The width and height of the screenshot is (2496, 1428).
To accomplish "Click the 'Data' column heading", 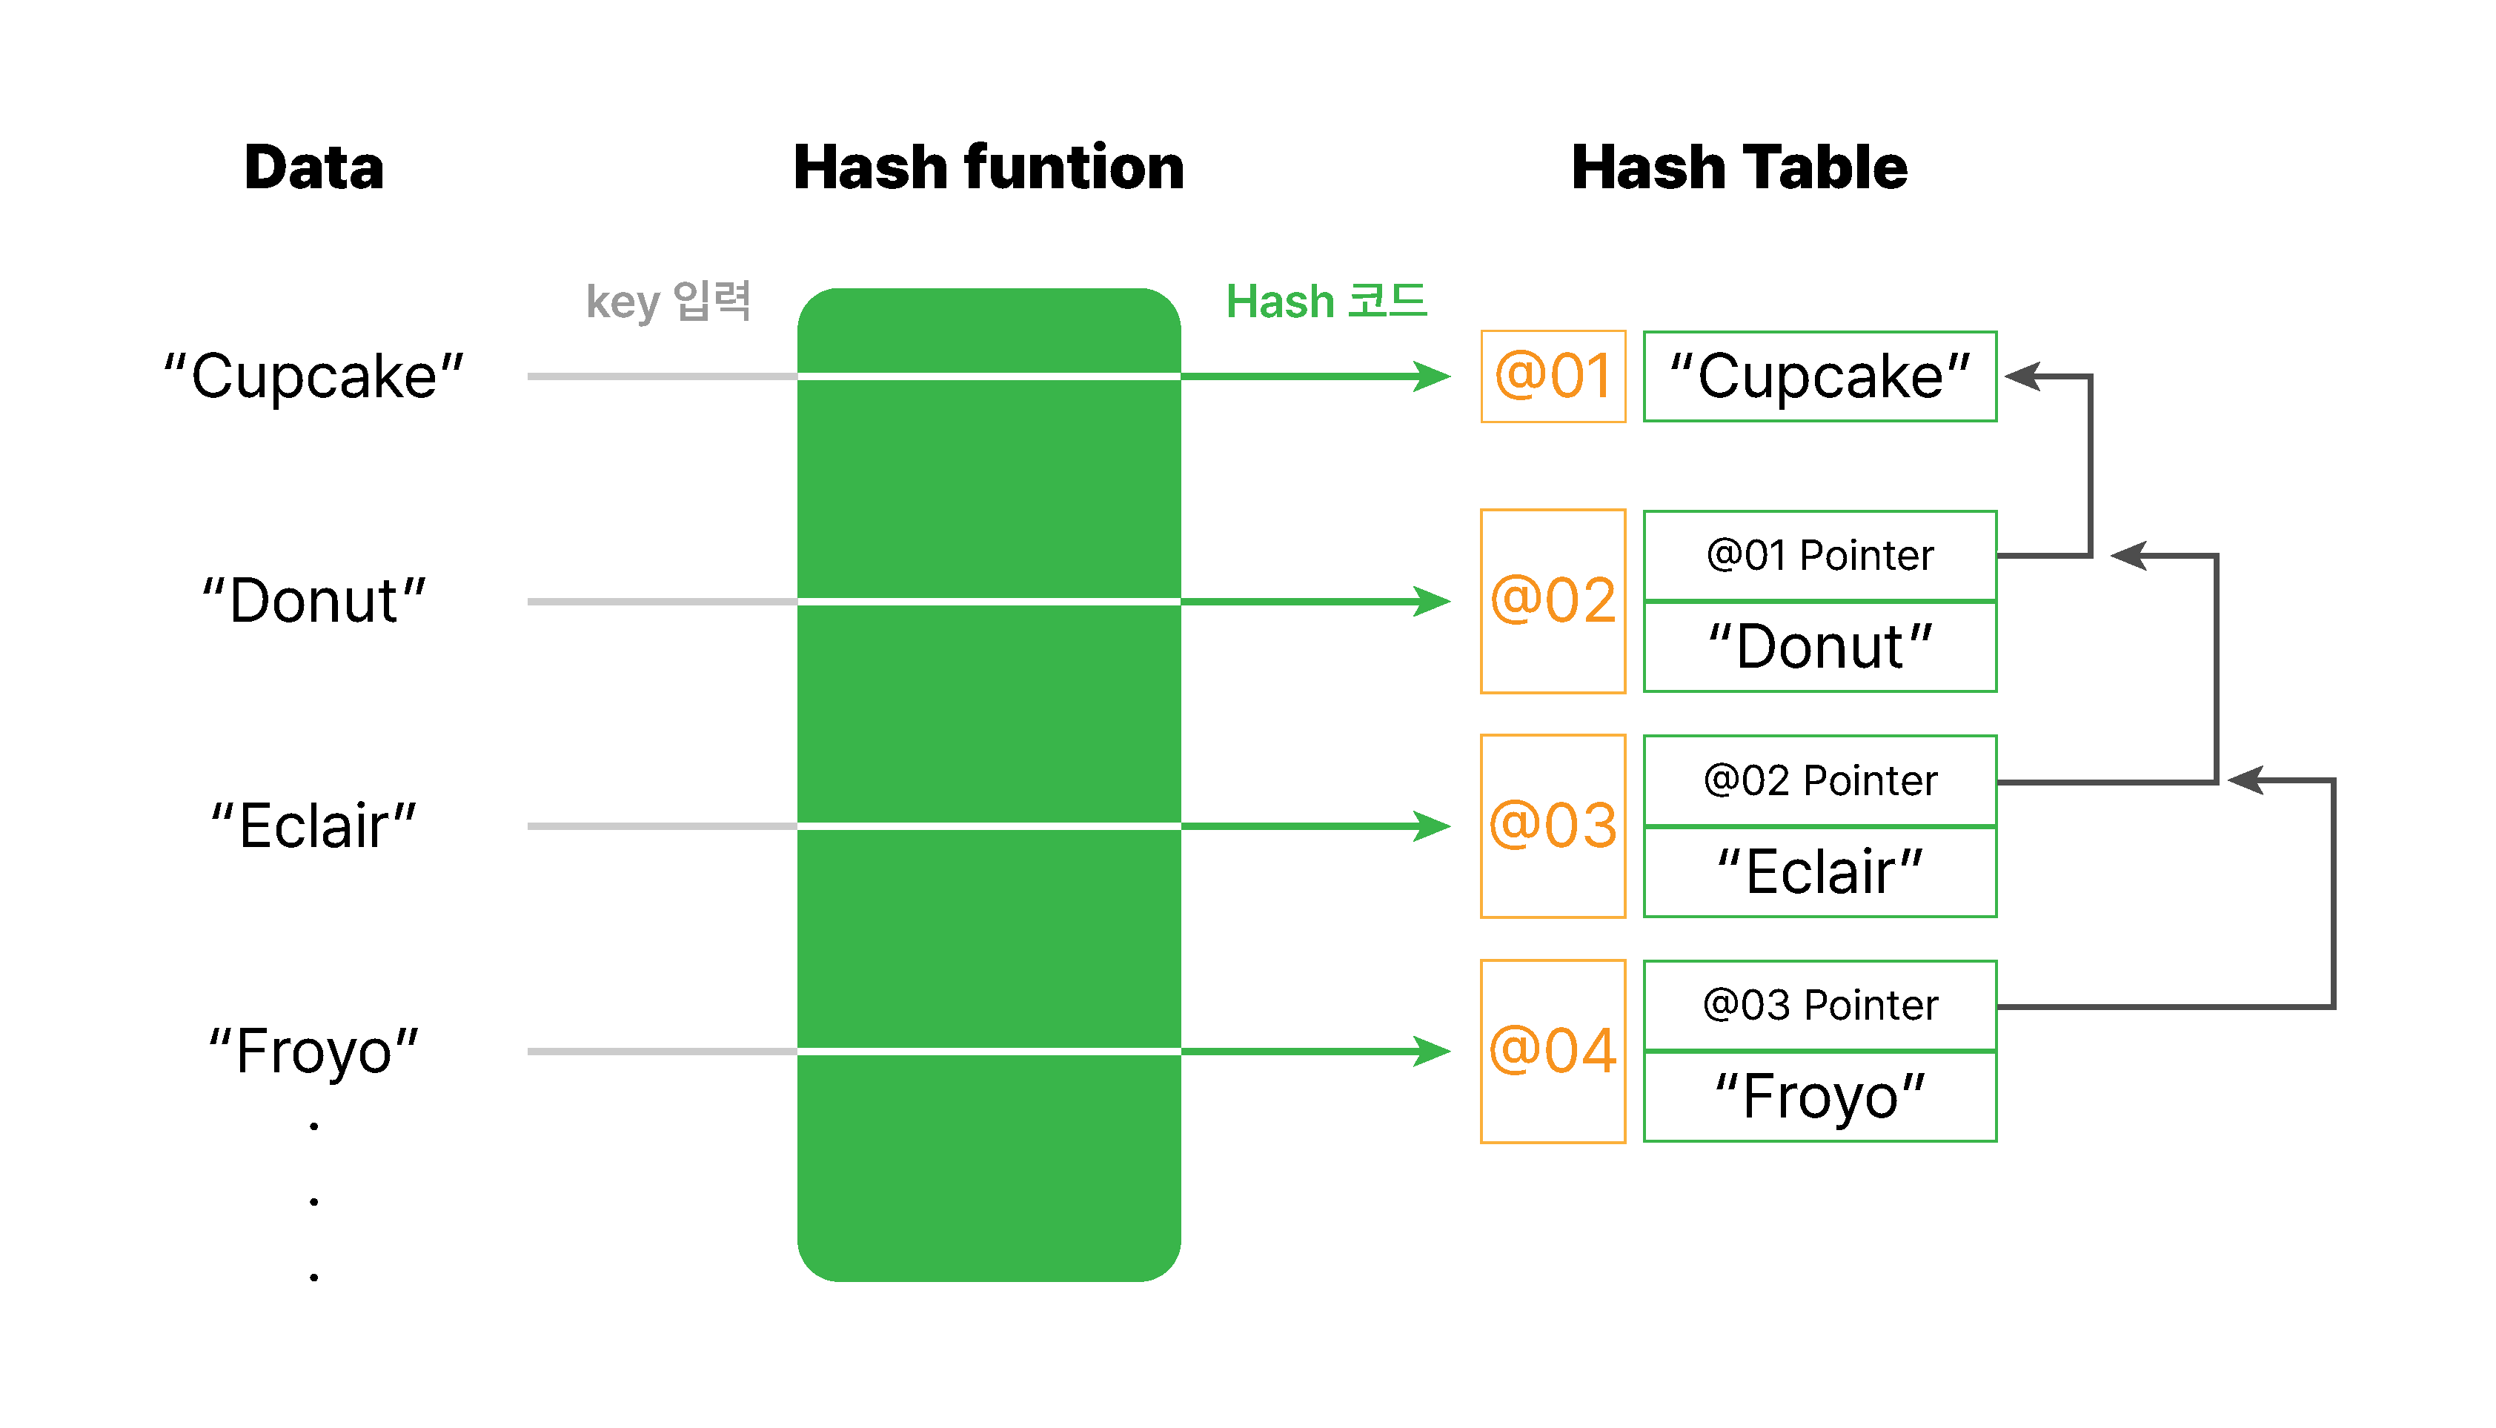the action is coord(313,167).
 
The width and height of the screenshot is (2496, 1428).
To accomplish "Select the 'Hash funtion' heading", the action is coord(989,167).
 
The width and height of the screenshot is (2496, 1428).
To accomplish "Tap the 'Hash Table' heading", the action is coord(1739,167).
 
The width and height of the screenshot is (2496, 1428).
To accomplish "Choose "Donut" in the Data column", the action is coord(313,601).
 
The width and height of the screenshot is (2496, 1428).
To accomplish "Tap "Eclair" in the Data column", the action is coord(313,826).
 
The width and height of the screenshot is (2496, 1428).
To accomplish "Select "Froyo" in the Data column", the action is coord(313,1052).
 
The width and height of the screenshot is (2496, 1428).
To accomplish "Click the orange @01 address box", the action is coord(1553,376).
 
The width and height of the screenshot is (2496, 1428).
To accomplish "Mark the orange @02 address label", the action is coord(1553,600).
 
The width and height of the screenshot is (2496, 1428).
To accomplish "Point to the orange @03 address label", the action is coord(1553,825).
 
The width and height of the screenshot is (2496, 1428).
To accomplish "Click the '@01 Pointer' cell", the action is coord(1820,555).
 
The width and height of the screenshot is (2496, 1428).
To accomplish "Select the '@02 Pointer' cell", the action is coord(1820,780).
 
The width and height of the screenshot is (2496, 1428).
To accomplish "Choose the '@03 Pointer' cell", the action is coord(1820,1006).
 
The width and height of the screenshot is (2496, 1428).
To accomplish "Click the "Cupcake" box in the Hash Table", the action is coord(1820,376).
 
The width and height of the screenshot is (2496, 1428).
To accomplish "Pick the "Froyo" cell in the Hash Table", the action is coord(1820,1097).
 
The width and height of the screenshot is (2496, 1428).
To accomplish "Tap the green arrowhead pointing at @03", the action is coord(1432,826).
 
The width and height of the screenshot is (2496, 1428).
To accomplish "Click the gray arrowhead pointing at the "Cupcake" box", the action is coord(2022,376).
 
